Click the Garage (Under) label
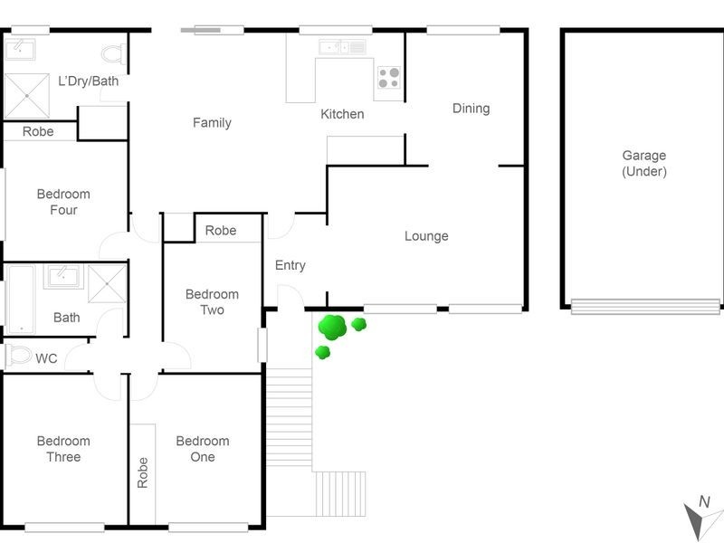coord(643,163)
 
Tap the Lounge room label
coord(426,236)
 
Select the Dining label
coord(471,109)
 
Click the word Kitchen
coord(342,114)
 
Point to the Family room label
coord(212,123)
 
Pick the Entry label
coord(290,265)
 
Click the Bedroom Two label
coord(212,302)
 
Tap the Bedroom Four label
coord(63,202)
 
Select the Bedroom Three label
coord(63,449)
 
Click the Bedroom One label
coord(202,449)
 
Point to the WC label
coord(46,359)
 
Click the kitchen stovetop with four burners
coord(388,79)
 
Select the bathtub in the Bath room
coord(20,299)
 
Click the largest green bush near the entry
coord(333,326)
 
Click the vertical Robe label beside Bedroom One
coord(142,473)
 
